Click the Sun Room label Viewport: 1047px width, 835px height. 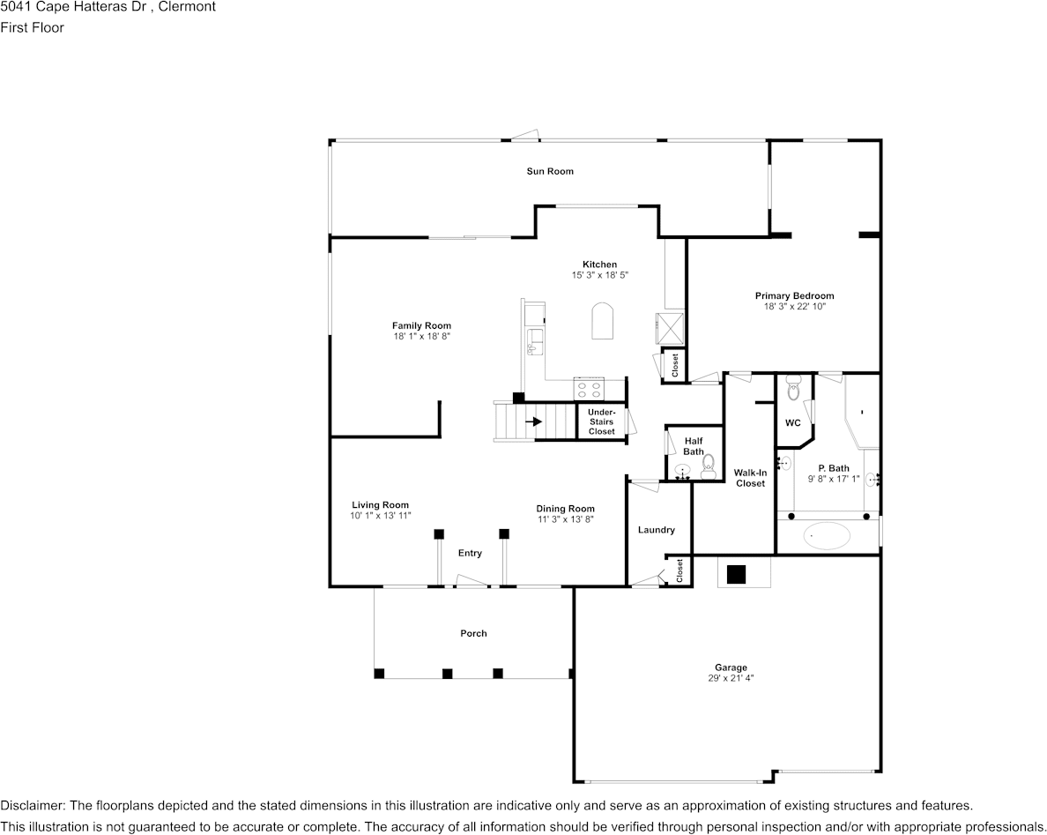[x=550, y=171]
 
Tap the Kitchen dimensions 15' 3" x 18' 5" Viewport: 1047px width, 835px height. [x=599, y=274]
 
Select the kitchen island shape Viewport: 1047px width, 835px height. [x=602, y=321]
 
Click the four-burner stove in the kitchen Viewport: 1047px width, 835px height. [x=588, y=389]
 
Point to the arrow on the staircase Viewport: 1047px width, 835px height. [x=533, y=421]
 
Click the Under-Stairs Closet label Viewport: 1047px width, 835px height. [x=602, y=421]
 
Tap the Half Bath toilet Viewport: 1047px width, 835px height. [x=708, y=466]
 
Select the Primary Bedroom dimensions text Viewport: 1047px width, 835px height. [x=795, y=307]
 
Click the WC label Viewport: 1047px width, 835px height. [x=792, y=423]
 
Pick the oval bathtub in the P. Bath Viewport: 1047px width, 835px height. [x=828, y=535]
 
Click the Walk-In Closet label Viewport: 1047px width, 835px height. [x=751, y=478]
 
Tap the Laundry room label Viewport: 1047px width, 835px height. [x=657, y=530]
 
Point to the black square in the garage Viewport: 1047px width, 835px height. [x=736, y=575]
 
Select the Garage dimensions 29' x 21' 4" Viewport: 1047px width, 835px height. [x=731, y=678]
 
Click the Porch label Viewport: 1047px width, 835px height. [x=473, y=633]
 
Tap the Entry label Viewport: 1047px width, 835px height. [x=470, y=553]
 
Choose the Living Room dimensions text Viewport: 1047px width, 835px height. [x=381, y=516]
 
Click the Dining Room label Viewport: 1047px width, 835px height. [x=565, y=509]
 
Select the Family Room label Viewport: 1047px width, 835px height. [x=421, y=326]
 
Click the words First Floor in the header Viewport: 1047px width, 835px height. [x=32, y=27]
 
